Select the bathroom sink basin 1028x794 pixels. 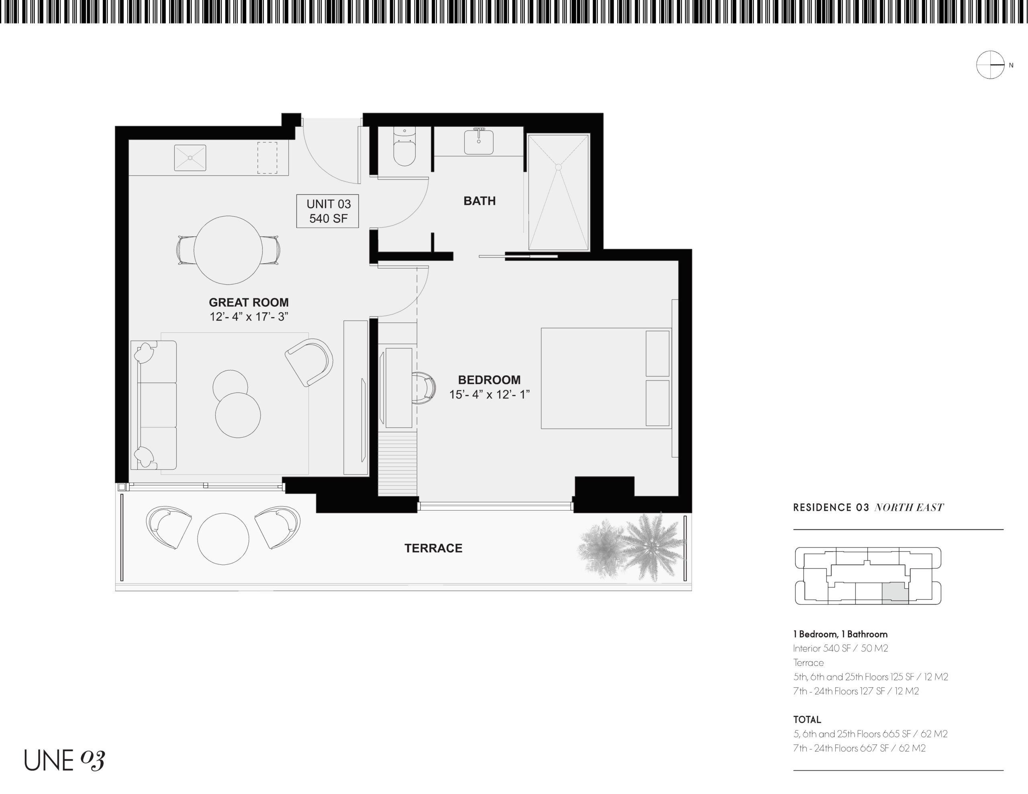point(479,142)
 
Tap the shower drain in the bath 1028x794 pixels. point(558,167)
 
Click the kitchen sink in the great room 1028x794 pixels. point(190,158)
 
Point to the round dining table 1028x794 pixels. point(228,250)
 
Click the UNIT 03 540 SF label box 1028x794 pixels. point(328,211)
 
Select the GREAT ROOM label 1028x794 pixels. point(249,302)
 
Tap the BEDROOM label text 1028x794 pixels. point(489,380)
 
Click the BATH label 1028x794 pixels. point(479,201)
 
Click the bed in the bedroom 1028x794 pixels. point(606,379)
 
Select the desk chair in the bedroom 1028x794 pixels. point(424,388)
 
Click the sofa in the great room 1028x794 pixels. point(153,405)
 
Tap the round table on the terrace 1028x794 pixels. point(223,539)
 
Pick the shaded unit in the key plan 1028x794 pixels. point(895,592)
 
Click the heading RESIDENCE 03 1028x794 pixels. point(831,507)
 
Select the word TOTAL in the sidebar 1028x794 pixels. point(807,720)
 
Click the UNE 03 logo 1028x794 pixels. point(65,760)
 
